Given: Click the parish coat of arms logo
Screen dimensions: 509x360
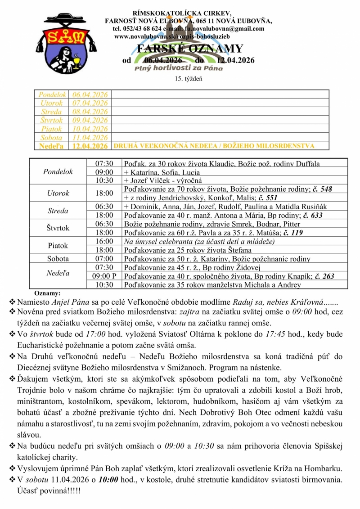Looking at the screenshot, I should (65, 43).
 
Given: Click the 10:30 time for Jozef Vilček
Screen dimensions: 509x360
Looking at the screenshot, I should (104, 180).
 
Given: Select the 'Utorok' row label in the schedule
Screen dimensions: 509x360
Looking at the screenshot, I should (58, 194).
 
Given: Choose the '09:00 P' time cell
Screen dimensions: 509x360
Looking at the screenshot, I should (104, 276).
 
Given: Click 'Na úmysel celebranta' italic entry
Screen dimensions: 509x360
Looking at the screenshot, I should (160, 242).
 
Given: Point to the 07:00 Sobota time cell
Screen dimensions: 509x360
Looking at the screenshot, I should (104, 259).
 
